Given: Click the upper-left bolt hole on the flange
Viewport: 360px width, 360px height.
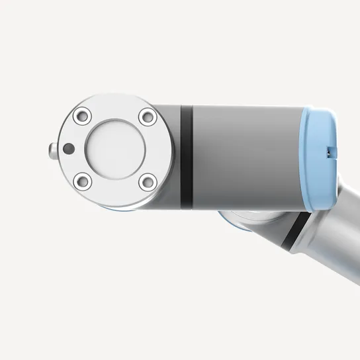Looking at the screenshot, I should click(x=82, y=117).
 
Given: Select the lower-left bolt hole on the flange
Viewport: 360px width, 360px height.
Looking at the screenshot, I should click(x=82, y=179).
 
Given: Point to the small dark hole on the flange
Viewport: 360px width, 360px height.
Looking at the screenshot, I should click(x=66, y=148).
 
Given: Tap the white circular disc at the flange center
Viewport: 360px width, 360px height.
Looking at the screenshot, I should click(x=113, y=148).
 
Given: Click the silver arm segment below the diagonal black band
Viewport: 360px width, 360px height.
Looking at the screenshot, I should click(x=331, y=258).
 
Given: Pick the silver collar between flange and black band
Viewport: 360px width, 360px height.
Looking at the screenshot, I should click(x=171, y=156).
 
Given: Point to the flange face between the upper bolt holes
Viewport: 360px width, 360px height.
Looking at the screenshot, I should click(x=113, y=108).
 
